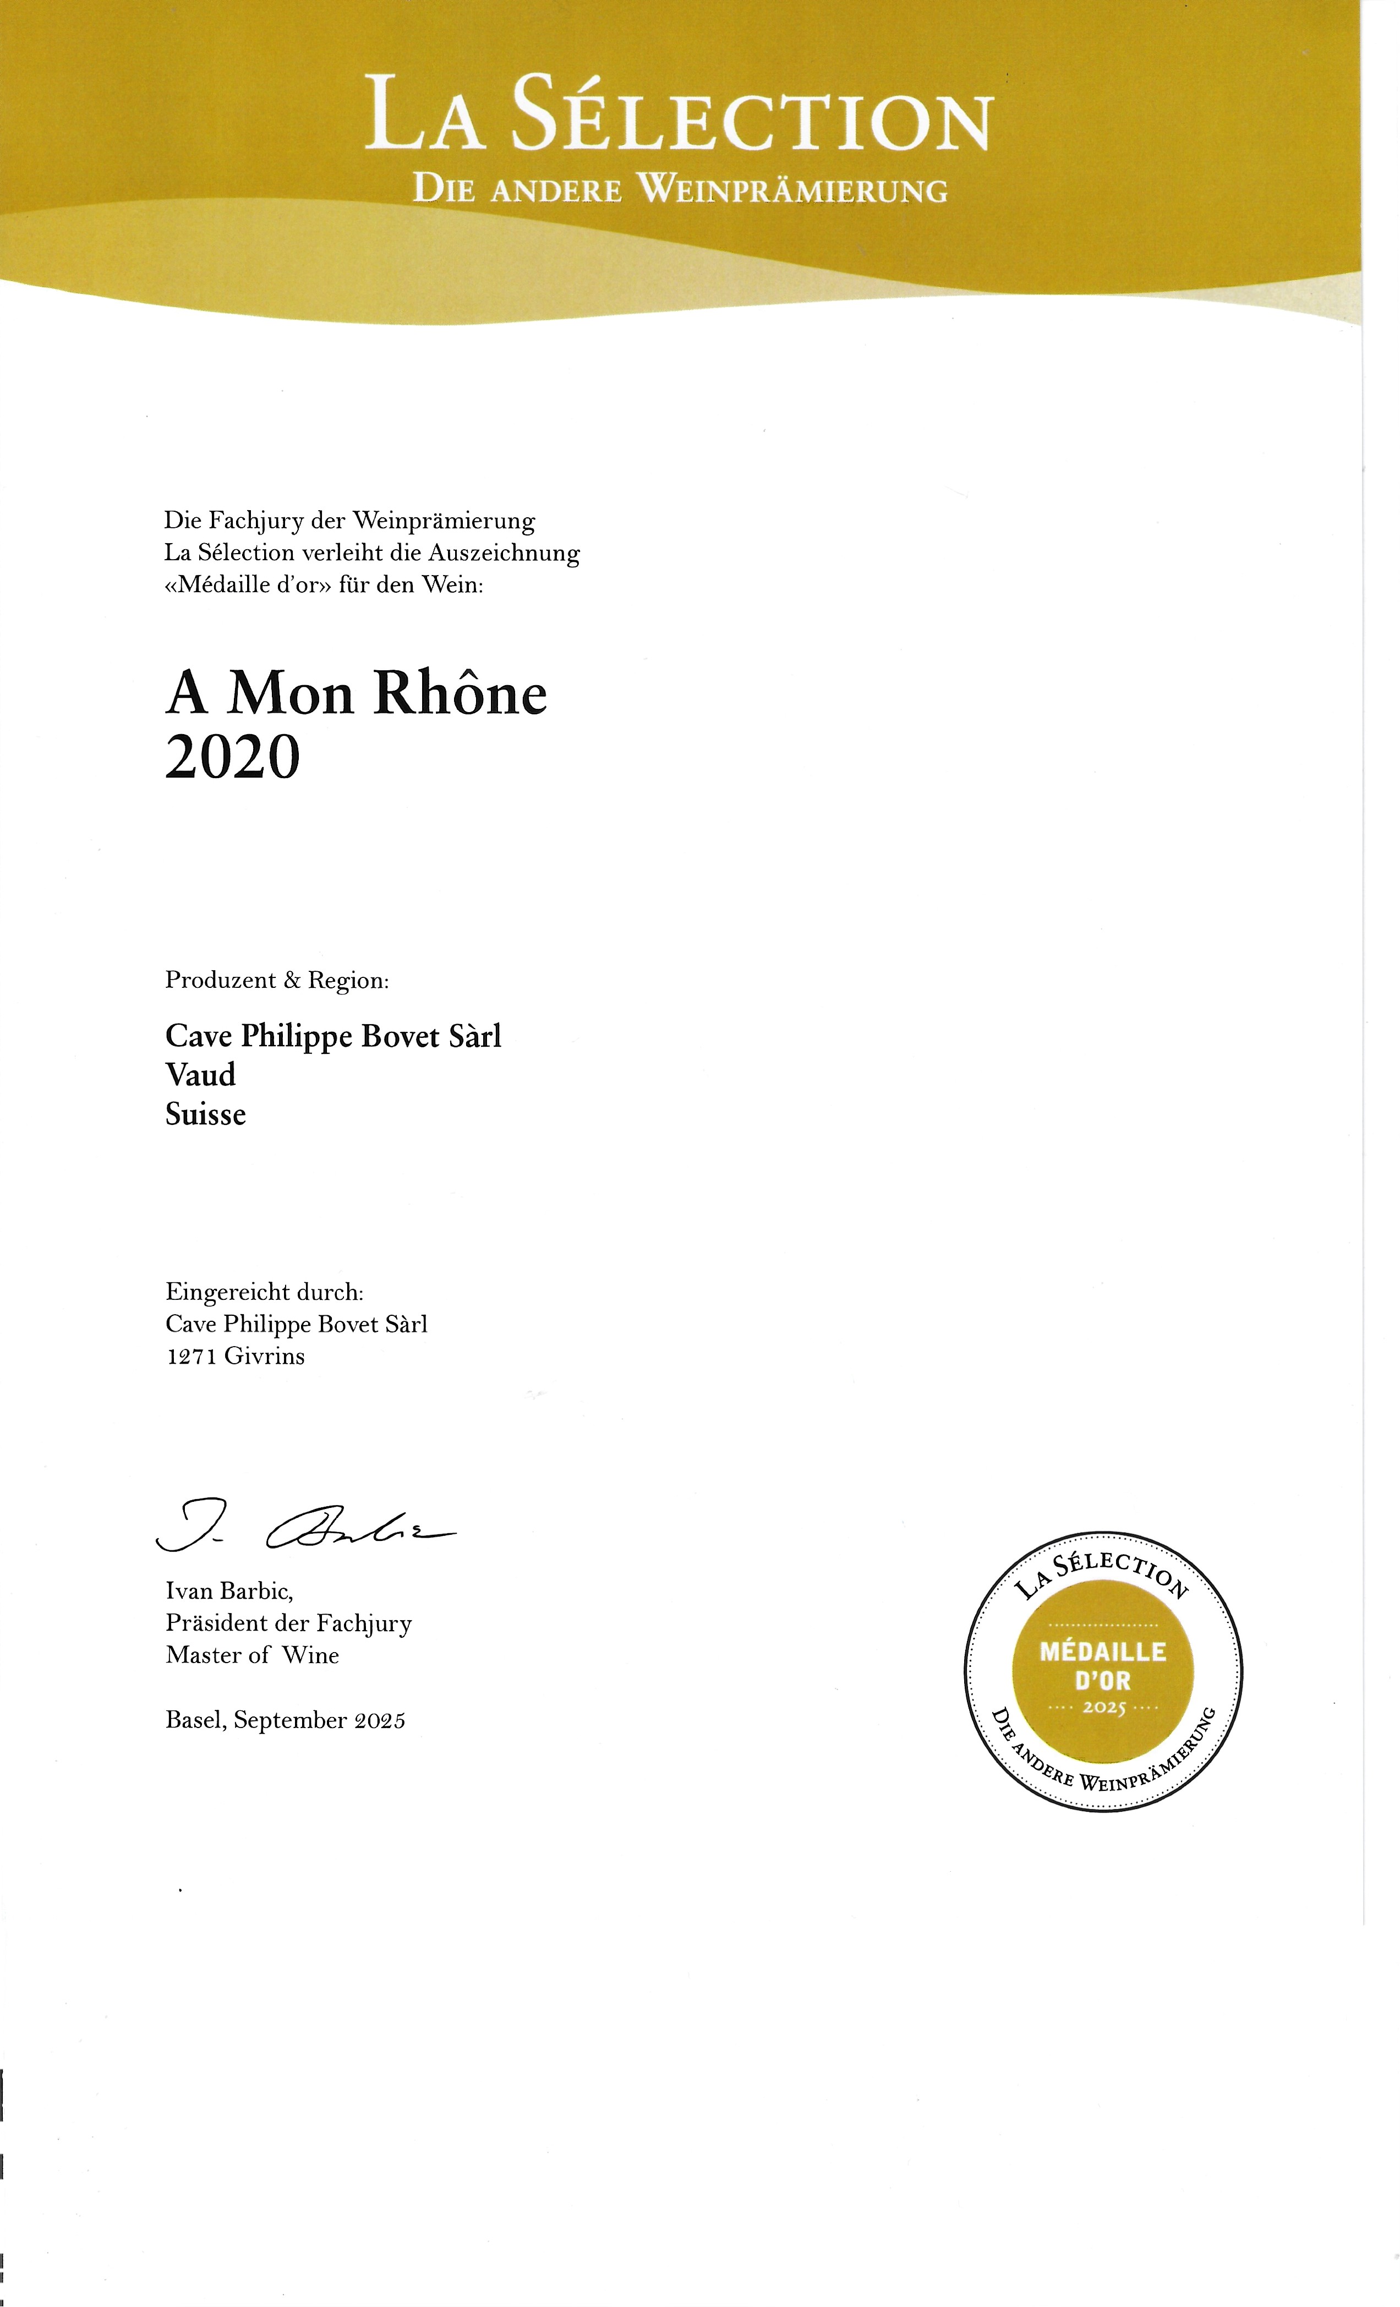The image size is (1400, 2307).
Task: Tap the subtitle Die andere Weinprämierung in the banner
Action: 680,190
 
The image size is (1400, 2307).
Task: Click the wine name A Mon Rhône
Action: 356,694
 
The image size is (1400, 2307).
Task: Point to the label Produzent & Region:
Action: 276,980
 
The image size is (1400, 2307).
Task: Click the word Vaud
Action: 200,1075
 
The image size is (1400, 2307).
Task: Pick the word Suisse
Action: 205,1114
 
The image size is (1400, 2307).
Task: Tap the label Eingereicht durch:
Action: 264,1292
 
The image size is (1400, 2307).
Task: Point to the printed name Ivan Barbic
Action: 229,1591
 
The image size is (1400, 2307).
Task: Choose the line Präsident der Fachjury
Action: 288,1622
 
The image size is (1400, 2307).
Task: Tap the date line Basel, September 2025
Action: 285,1720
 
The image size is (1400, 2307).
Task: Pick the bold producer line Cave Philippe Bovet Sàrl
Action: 333,1036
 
